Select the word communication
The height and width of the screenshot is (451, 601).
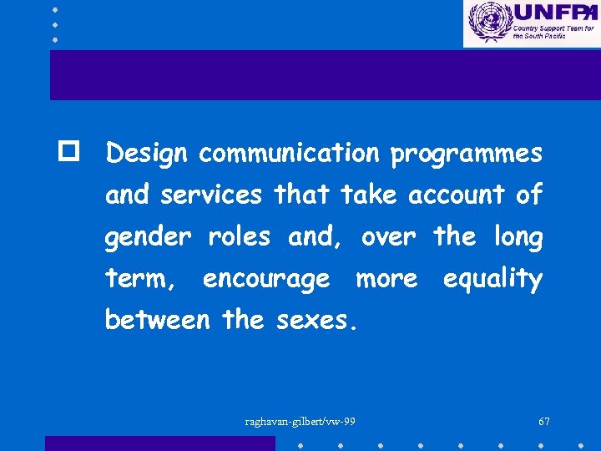[x=289, y=154]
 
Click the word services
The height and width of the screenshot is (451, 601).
[x=211, y=195]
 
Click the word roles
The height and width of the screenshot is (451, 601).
[x=239, y=237]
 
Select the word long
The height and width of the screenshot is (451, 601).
[x=517, y=238]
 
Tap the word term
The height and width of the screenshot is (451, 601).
[x=139, y=279]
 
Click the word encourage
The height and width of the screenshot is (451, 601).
[x=266, y=280]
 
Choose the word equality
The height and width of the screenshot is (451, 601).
[x=492, y=280]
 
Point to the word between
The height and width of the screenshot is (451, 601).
[x=157, y=320]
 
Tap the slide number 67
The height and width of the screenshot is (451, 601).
[x=544, y=421]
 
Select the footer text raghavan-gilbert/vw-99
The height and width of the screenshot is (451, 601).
[x=300, y=421]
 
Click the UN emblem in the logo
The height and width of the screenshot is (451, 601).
[x=487, y=22]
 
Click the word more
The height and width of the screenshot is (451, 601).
[x=386, y=279]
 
